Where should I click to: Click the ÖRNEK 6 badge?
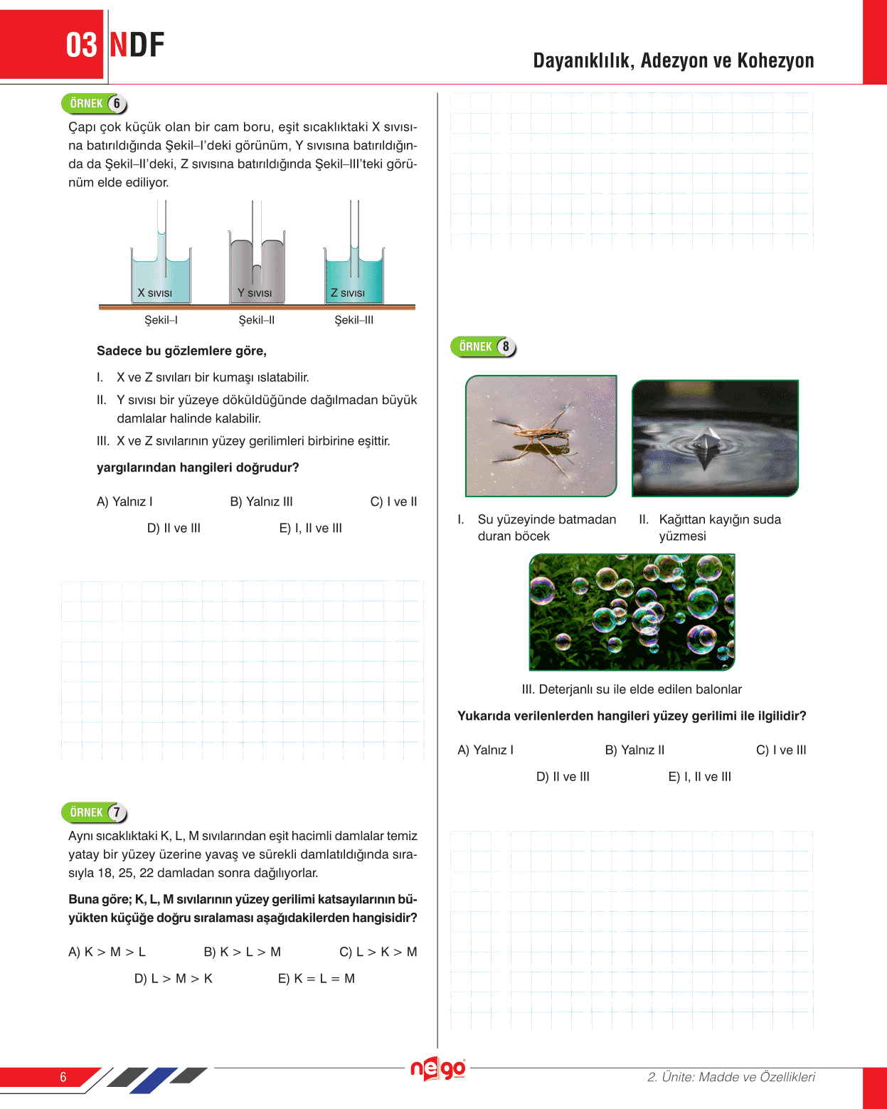click(x=94, y=104)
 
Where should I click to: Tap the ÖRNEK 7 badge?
click(x=94, y=812)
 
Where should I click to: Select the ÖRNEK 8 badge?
click(x=483, y=347)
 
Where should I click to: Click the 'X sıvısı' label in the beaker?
click(x=154, y=293)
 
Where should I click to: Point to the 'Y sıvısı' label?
click(x=255, y=293)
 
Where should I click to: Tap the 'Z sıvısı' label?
click(x=347, y=293)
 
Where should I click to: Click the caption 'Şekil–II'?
click(x=257, y=320)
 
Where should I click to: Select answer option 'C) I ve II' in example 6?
click(x=393, y=502)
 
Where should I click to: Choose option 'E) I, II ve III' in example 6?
click(x=310, y=528)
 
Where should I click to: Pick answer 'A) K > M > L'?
click(x=107, y=952)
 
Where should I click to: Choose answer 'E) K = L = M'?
click(x=316, y=978)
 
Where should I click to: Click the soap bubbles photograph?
click(x=632, y=612)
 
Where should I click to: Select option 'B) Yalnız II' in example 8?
click(x=634, y=750)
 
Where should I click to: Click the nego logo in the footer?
click(x=437, y=1068)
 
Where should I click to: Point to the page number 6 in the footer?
click(x=63, y=1077)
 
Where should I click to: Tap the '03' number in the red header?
click(x=81, y=46)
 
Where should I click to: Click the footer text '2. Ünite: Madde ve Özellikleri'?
click(x=731, y=1077)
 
